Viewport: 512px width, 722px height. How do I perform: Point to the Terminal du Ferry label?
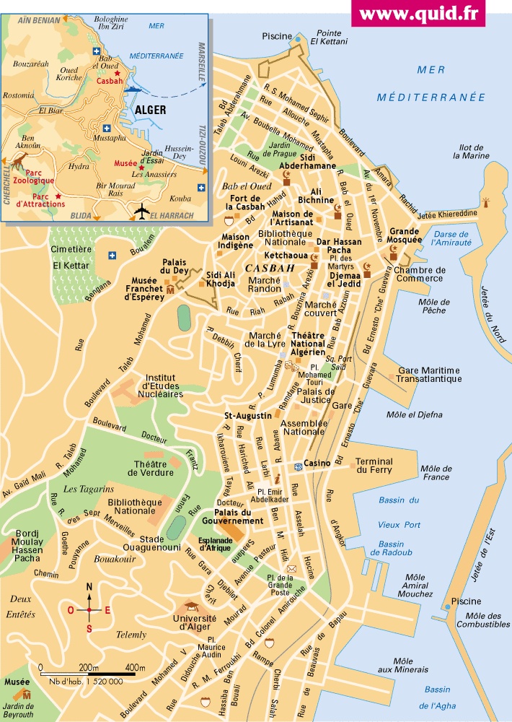point(374,466)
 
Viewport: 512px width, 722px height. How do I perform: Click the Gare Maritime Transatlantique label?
point(428,375)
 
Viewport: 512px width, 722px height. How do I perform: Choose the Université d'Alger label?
point(195,623)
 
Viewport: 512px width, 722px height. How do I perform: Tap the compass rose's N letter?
point(89,587)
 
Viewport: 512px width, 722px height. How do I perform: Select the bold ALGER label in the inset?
point(150,110)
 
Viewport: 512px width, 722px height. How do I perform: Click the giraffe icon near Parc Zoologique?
point(20,157)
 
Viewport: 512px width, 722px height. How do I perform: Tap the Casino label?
point(317,463)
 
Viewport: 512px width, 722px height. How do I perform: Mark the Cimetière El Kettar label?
point(70,258)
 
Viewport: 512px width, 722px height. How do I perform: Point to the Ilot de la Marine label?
point(471,150)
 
